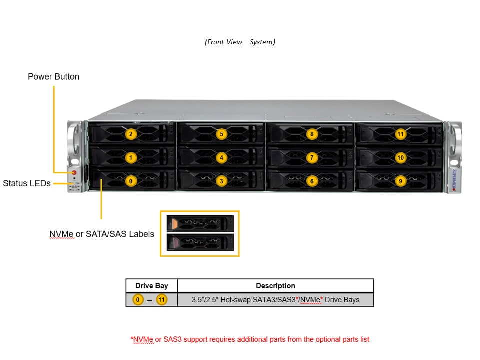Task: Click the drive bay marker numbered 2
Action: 131,134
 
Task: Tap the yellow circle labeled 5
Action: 222,134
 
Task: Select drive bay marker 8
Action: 312,134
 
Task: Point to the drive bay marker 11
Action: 400,134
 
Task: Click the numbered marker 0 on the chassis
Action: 131,181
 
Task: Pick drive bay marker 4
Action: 222,158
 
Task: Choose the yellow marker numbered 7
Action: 312,158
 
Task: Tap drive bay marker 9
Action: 400,181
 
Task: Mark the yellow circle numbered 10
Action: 400,158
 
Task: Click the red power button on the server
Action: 74,173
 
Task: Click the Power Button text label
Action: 53,77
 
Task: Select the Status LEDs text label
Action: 27,183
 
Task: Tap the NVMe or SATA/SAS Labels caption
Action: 102,234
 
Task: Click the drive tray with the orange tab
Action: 200,223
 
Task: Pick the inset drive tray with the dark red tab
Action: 200,243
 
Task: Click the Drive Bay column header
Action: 152,286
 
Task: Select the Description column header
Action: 275,286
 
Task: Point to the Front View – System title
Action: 240,42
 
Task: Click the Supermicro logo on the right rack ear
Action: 454,178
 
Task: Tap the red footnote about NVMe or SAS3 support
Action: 250,339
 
